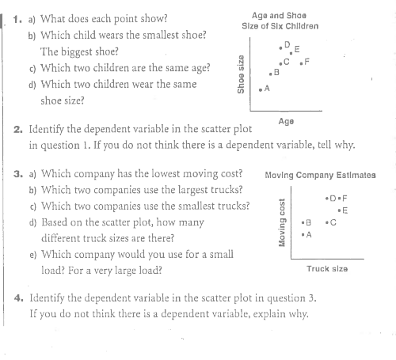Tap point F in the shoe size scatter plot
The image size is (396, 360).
pos(299,61)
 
